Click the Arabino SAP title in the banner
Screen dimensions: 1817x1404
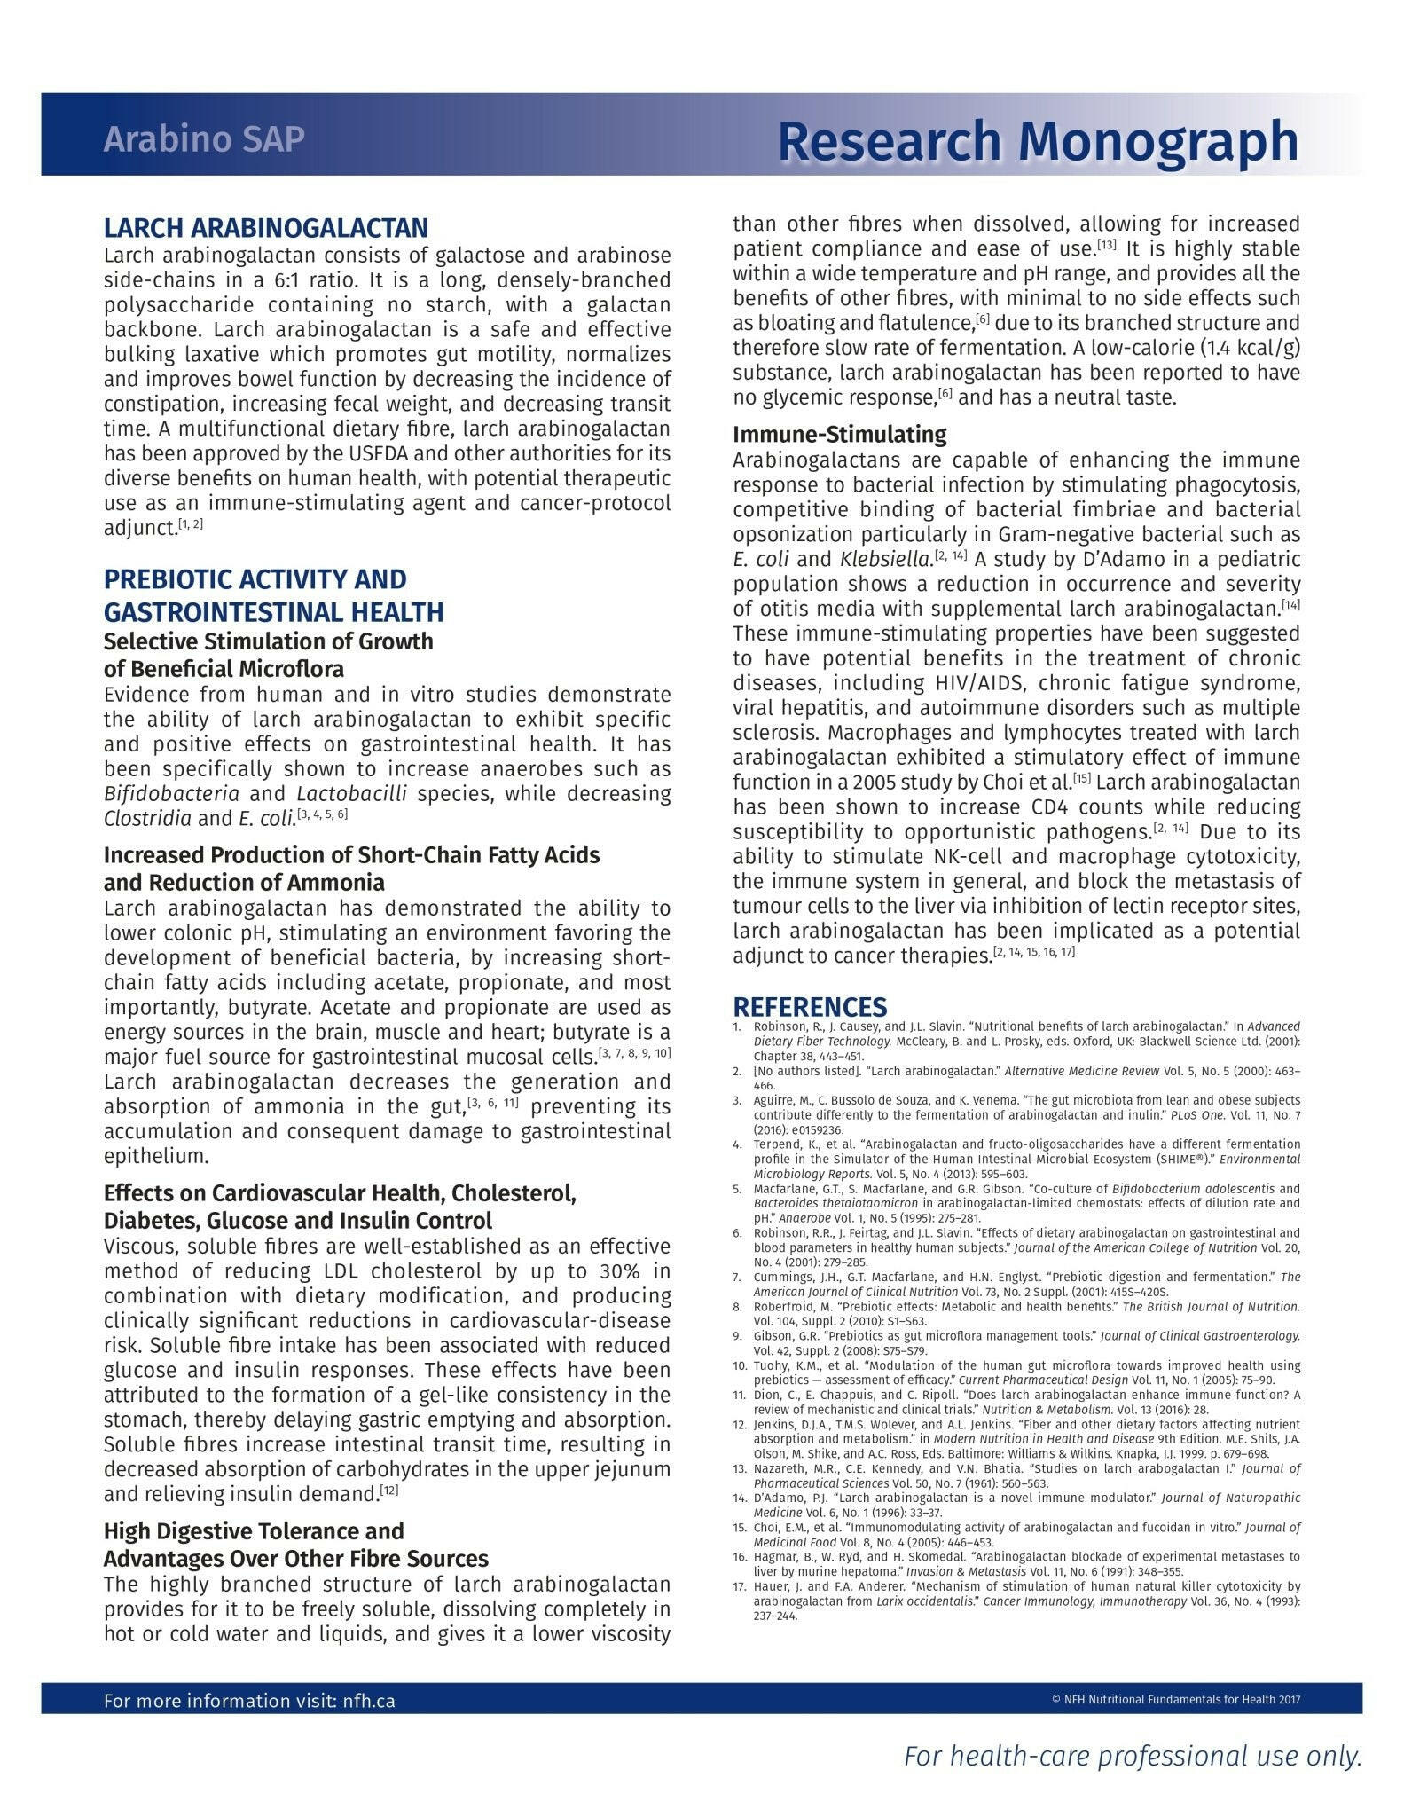pyautogui.click(x=203, y=139)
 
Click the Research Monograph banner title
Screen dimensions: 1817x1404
pyautogui.click(x=1037, y=140)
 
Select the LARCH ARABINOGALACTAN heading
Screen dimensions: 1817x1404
pyautogui.click(x=265, y=228)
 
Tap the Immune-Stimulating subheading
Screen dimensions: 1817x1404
pyautogui.click(x=839, y=435)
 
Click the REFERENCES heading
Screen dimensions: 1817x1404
pyautogui.click(x=809, y=1007)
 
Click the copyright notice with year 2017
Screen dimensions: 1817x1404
pyautogui.click(x=1175, y=1700)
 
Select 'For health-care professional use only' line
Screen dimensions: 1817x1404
pyautogui.click(x=1132, y=1757)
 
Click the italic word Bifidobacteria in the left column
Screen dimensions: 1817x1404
pyautogui.click(x=171, y=794)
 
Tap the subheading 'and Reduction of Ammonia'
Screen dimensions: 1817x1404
pyautogui.click(x=244, y=883)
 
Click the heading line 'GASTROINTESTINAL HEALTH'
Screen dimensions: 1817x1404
pyautogui.click(x=273, y=612)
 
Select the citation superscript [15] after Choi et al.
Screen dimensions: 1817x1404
pyautogui.click(x=1081, y=778)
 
